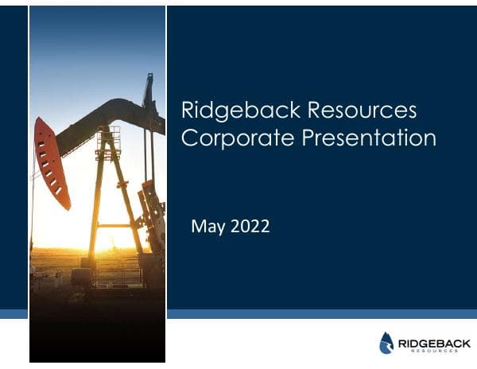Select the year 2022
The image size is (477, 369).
click(250, 227)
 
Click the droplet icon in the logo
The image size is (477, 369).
click(386, 342)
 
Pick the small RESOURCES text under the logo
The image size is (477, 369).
click(429, 350)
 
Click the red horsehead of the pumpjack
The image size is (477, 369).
click(51, 163)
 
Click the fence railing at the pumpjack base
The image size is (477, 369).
click(116, 270)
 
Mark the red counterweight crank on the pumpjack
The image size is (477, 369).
click(149, 207)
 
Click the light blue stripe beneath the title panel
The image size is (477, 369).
click(322, 313)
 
